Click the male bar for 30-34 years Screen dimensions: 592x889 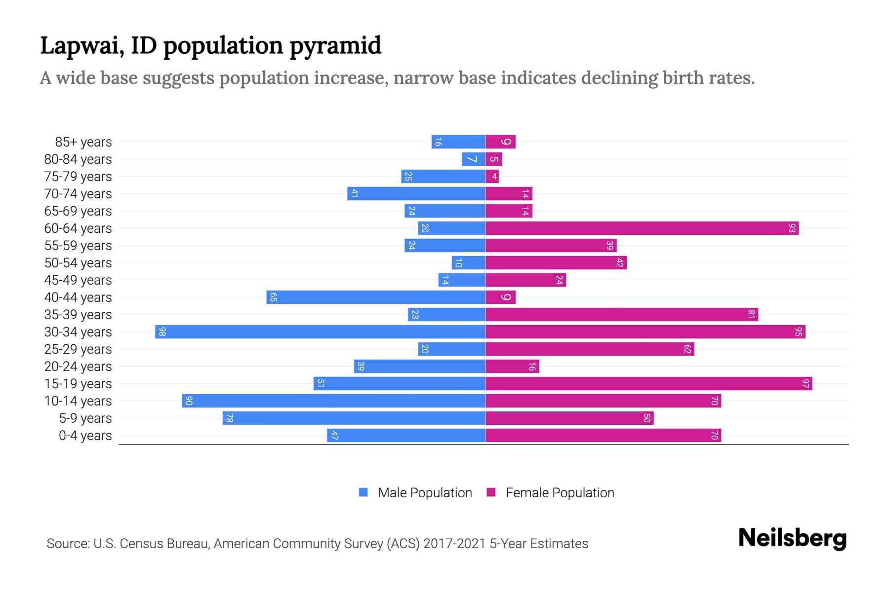[320, 332]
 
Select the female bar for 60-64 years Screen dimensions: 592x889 [642, 228]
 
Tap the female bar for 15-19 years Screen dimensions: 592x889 [648, 384]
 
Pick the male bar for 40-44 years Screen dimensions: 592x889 [376, 297]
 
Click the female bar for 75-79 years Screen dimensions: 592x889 [492, 177]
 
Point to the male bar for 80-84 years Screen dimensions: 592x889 [473, 159]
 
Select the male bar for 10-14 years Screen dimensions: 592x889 [333, 401]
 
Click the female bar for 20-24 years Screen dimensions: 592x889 [512, 367]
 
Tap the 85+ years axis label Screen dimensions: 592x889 [83, 142]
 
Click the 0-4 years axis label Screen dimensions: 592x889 [85, 436]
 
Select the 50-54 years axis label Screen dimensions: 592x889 [78, 263]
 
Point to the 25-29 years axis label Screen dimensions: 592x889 [78, 349]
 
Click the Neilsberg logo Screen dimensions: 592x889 [792, 538]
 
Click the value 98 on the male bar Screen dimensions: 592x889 [162, 332]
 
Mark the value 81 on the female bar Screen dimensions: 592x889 [751, 315]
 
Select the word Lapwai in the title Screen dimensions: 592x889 [81, 46]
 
